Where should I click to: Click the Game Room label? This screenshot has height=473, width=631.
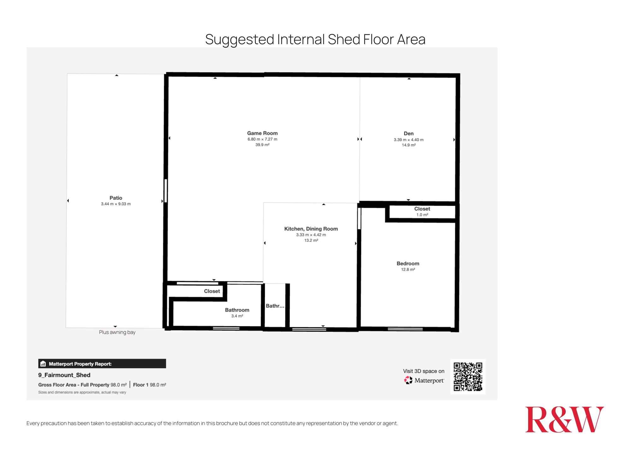(x=262, y=133)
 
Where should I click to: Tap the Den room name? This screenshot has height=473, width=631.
(x=409, y=134)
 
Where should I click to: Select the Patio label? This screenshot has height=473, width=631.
(x=116, y=198)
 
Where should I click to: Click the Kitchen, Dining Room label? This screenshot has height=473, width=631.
(x=311, y=229)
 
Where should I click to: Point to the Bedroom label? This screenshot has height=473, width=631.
(x=408, y=264)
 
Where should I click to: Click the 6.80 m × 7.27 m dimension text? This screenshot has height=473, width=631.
(x=262, y=139)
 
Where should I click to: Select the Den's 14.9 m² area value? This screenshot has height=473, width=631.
(x=409, y=145)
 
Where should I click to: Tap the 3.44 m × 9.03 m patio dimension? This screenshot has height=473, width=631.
(x=116, y=204)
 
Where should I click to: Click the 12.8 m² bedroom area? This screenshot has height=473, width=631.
(x=408, y=270)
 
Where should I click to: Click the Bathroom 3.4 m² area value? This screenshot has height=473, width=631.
(x=237, y=316)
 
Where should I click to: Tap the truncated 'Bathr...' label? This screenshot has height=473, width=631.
(x=275, y=306)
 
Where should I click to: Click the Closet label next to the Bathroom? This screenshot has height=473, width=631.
(x=212, y=291)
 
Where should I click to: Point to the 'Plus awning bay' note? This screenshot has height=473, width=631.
(x=117, y=332)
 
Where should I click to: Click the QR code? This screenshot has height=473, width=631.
(x=468, y=377)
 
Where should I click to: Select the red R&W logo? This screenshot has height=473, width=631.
(x=564, y=419)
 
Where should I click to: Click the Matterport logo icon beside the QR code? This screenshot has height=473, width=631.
(x=408, y=380)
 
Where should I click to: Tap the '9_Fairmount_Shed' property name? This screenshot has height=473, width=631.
(x=64, y=375)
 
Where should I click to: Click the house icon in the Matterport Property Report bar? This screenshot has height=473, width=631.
(x=43, y=364)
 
